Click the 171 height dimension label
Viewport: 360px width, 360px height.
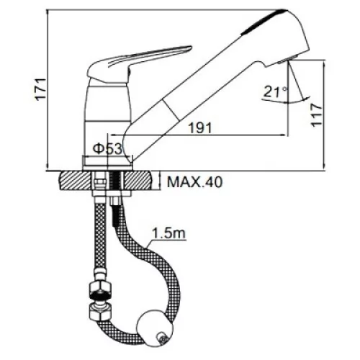40,89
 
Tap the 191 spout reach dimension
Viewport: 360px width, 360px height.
201,128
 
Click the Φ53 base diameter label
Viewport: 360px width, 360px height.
108,149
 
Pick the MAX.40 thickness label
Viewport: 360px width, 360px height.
195,182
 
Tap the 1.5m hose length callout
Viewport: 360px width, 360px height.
169,233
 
